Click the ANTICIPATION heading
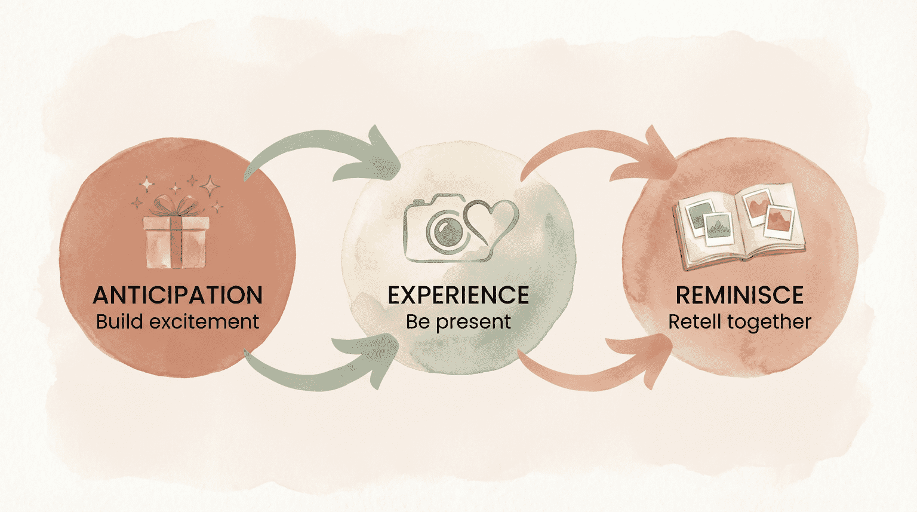[x=177, y=295]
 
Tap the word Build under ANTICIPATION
[x=119, y=321]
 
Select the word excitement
[x=204, y=321]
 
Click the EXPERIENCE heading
[x=458, y=295]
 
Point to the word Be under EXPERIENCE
[x=417, y=321]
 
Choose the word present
[x=473, y=323]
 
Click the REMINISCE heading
[x=739, y=295]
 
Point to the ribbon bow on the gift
[x=174, y=206]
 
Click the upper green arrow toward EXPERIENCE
[x=322, y=149]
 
